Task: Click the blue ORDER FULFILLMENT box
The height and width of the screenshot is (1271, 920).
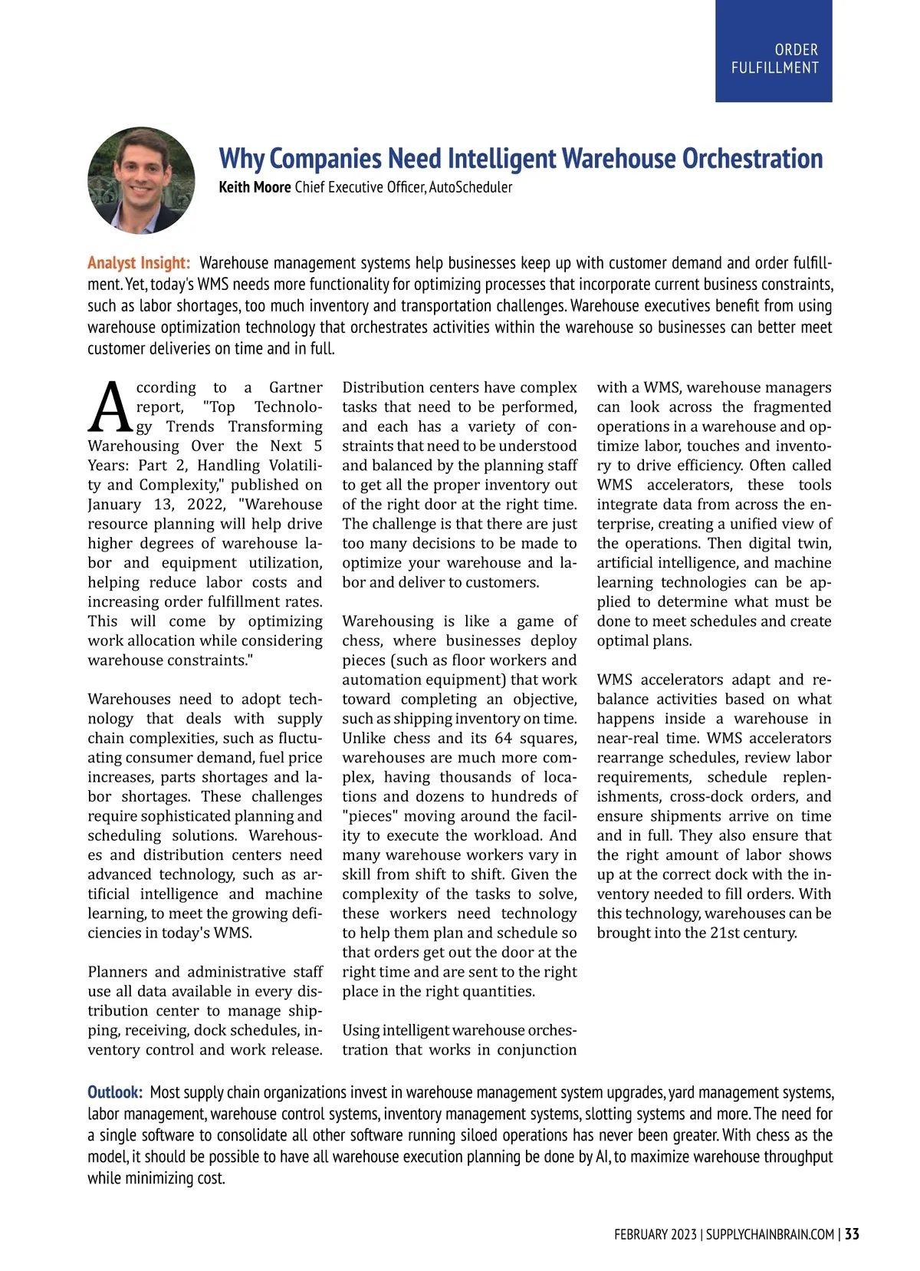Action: coord(774,51)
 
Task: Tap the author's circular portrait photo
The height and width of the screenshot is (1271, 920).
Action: coord(141,180)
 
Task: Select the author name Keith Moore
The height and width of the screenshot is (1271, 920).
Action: coord(255,187)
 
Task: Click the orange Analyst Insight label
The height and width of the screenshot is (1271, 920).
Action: coord(139,263)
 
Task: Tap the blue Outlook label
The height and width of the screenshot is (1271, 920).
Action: coord(115,1092)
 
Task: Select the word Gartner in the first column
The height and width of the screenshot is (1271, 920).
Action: coord(295,387)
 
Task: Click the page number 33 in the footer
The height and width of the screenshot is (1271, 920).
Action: coord(852,1234)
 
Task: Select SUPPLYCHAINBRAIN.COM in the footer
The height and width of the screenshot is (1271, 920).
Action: coord(770,1234)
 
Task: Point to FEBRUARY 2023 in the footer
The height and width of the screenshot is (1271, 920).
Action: coord(655,1234)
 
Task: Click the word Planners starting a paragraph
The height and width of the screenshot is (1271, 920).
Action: coord(118,972)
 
